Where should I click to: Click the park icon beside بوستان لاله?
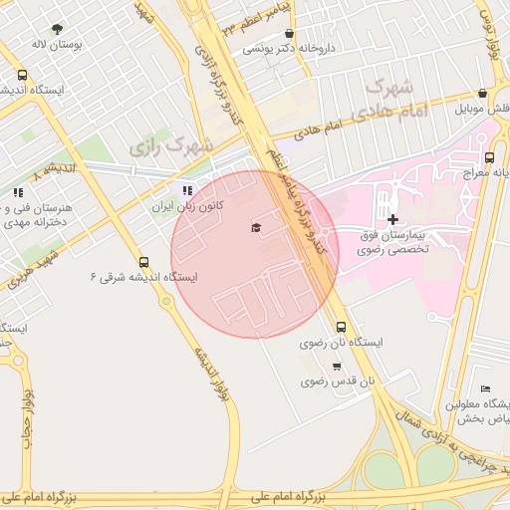pyautogui.click(x=56, y=29)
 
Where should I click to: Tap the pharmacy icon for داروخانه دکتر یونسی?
pyautogui.click(x=289, y=33)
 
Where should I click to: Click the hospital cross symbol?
pyautogui.click(x=392, y=219)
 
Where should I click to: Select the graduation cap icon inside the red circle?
pyautogui.click(x=255, y=228)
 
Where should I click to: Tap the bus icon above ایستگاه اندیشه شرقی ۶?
pyautogui.click(x=144, y=263)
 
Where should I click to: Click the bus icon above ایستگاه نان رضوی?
pyautogui.click(x=342, y=327)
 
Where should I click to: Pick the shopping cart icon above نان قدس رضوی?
pyautogui.click(x=336, y=367)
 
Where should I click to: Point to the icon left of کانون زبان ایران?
pyautogui.click(x=185, y=190)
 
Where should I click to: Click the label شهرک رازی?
pyautogui.click(x=171, y=146)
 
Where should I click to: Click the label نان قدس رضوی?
pyautogui.click(x=338, y=382)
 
